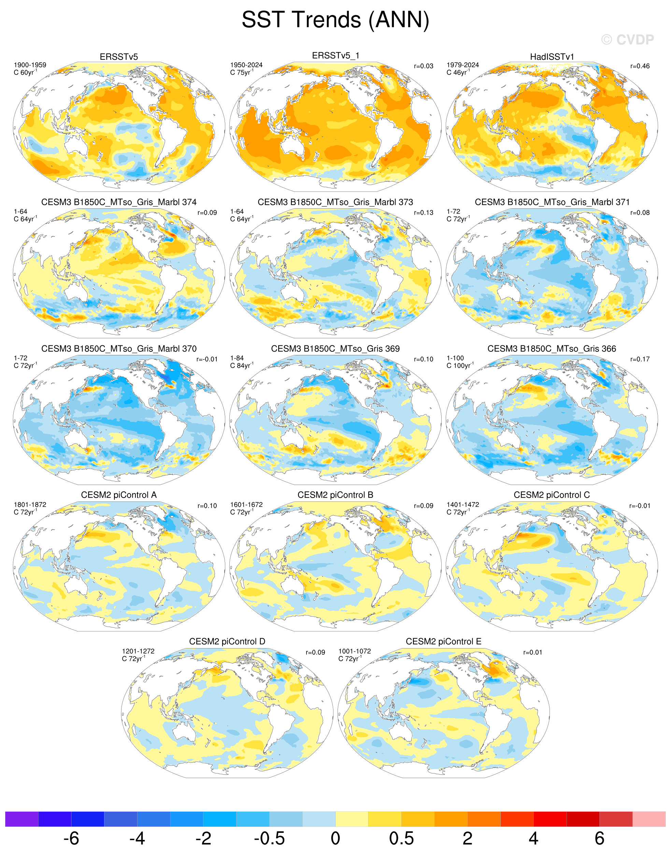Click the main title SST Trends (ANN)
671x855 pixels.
(x=335, y=20)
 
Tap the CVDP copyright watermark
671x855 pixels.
(x=627, y=40)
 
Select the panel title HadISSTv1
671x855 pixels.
(x=552, y=57)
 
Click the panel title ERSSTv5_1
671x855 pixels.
(x=335, y=56)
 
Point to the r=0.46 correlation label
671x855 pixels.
(x=640, y=66)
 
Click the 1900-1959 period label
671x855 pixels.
(x=30, y=65)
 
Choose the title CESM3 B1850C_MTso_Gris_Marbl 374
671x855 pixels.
(x=119, y=202)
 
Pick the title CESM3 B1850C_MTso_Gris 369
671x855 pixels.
(x=335, y=348)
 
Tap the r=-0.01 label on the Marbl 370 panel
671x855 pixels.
(x=206, y=359)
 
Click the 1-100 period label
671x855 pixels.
(x=455, y=358)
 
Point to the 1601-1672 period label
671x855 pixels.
(x=246, y=504)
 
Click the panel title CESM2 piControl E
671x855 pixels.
(x=444, y=642)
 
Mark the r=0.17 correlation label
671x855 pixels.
(x=640, y=359)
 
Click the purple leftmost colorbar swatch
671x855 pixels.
(x=22, y=819)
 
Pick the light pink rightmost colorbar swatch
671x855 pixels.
(x=649, y=819)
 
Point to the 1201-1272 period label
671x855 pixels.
(x=138, y=651)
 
